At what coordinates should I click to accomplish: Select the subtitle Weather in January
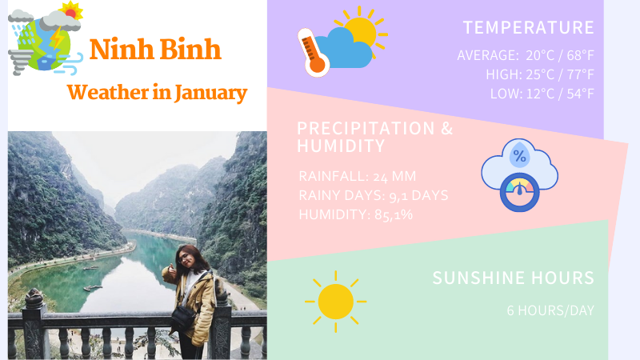pyautogui.click(x=157, y=92)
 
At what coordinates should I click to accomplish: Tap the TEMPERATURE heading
pyautogui.click(x=528, y=27)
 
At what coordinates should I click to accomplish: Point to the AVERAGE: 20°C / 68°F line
pyautogui.click(x=525, y=55)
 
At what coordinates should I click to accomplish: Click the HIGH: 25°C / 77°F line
pyautogui.click(x=539, y=74)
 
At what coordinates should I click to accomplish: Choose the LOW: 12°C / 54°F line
pyautogui.click(x=542, y=94)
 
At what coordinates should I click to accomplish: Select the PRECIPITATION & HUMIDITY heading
pyautogui.click(x=374, y=137)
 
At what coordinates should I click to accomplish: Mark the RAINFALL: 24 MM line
pyautogui.click(x=357, y=176)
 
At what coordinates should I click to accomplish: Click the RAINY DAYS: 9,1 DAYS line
pyautogui.click(x=373, y=195)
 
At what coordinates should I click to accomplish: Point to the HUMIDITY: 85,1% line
pyautogui.click(x=355, y=214)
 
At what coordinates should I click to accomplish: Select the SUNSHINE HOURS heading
pyautogui.click(x=513, y=278)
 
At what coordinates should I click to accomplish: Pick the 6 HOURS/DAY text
pyautogui.click(x=550, y=310)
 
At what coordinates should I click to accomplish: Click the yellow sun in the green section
pyautogui.click(x=335, y=301)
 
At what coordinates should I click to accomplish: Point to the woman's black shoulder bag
pyautogui.click(x=182, y=318)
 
